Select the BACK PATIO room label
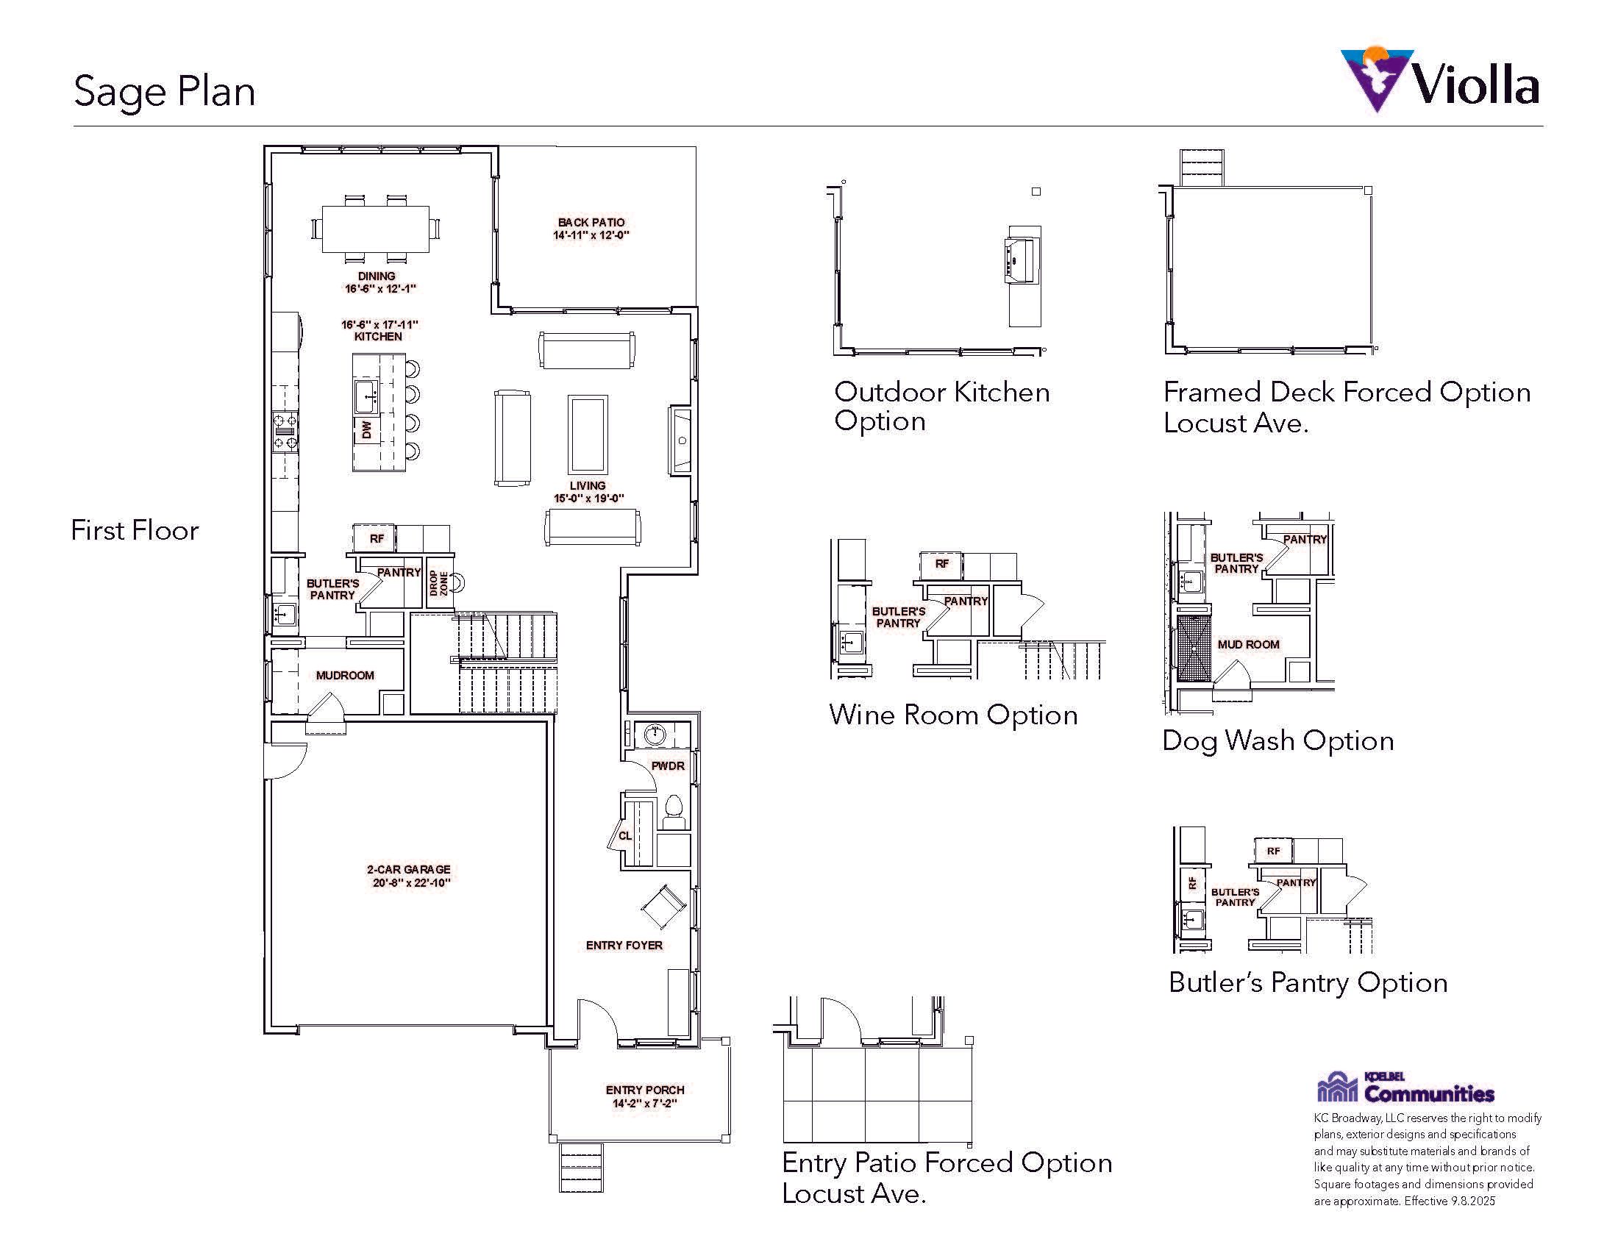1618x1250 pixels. [x=591, y=222]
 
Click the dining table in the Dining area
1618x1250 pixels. [x=376, y=229]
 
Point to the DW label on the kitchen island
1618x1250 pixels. [x=366, y=429]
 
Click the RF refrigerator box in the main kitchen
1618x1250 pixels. [x=377, y=538]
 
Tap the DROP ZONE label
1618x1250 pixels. [x=439, y=583]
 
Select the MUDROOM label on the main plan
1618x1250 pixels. [x=344, y=675]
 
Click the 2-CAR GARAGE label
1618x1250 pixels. [x=409, y=869]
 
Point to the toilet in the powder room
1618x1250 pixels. [x=674, y=811]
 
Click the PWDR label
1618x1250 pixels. [x=668, y=765]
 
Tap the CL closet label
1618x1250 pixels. [x=625, y=835]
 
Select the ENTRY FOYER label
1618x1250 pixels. [x=624, y=945]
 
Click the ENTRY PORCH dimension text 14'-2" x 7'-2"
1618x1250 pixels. [x=644, y=1104]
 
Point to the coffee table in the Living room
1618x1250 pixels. [x=588, y=434]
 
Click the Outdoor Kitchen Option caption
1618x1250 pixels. [x=941, y=406]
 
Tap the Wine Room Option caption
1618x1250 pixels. [x=953, y=715]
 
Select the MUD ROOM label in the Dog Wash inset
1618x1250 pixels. [x=1248, y=644]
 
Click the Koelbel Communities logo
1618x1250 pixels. [x=1405, y=1087]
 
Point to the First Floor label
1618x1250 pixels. [x=135, y=530]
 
